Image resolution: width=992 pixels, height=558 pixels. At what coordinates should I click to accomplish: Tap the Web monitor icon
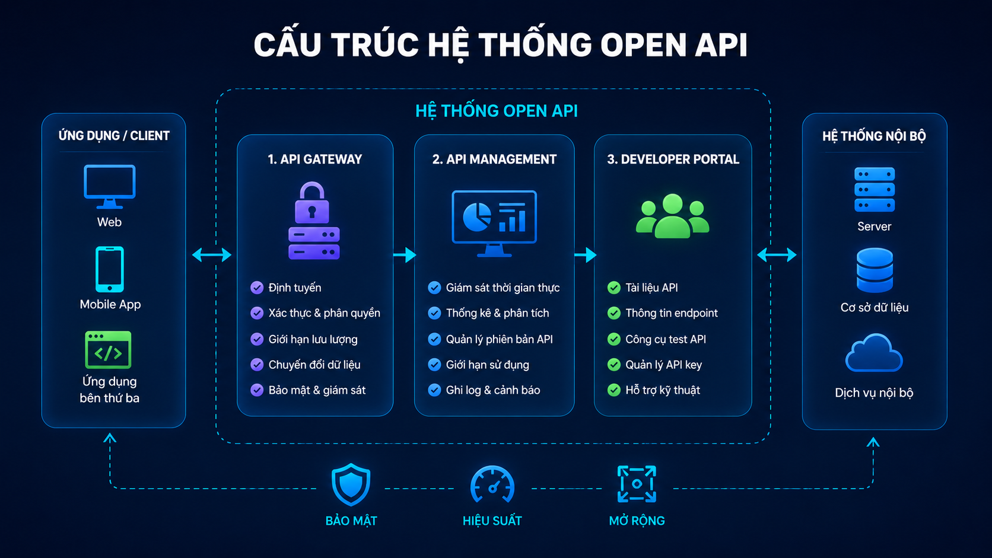pos(109,186)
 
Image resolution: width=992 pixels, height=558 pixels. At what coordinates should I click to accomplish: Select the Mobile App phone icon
pos(109,269)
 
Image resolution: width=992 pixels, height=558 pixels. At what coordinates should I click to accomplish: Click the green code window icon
pos(108,350)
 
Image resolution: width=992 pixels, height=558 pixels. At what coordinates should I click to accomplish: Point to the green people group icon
pos(672,215)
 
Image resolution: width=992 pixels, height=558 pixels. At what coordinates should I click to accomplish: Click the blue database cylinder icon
pos(875,270)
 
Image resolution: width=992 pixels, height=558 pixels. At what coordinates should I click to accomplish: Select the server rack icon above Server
pos(874,189)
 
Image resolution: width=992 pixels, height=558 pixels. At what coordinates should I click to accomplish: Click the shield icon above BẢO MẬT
pos(351,484)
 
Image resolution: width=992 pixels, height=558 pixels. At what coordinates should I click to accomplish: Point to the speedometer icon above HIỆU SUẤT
pos(492,484)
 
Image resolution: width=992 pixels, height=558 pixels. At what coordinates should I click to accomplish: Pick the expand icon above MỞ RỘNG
pos(637,484)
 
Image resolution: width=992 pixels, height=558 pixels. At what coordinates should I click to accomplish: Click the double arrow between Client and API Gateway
pos(212,255)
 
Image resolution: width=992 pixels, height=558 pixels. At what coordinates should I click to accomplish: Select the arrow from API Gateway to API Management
pos(405,255)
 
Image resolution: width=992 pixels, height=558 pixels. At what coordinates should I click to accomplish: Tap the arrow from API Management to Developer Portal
pos(586,255)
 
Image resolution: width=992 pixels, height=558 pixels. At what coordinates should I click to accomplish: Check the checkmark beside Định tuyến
pos(257,288)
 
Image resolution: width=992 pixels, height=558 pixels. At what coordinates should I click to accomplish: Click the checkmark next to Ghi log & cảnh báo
pos(434,390)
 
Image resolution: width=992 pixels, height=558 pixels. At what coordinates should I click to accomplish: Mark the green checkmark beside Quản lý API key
pos(614,365)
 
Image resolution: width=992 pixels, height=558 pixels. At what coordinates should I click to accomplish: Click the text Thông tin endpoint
pos(672,313)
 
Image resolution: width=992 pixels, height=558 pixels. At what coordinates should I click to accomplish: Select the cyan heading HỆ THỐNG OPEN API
pos(497,111)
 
